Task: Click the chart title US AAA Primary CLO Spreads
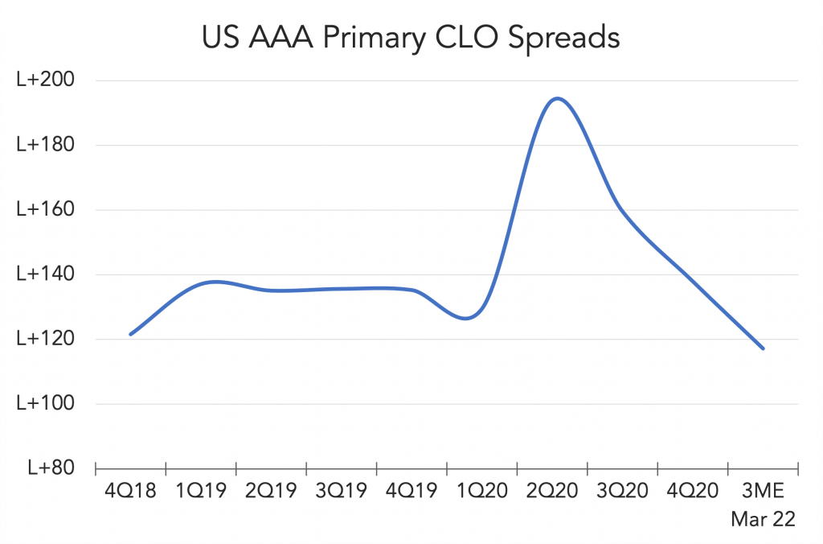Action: point(411,38)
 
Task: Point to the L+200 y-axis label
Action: point(46,80)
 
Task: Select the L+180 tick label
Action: point(46,145)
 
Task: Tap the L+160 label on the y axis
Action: point(46,209)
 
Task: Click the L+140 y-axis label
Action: point(46,274)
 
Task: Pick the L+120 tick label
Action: point(46,339)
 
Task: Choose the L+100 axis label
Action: point(46,403)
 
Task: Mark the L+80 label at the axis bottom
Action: point(51,468)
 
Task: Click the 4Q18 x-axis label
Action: point(131,491)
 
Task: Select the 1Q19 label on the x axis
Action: point(201,491)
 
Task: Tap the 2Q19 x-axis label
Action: point(271,491)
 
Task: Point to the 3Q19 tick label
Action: point(341,491)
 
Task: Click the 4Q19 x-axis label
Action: point(411,491)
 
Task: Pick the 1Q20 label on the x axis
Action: point(482,491)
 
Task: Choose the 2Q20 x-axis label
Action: point(552,491)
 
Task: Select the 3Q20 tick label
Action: point(623,491)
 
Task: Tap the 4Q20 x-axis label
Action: point(693,491)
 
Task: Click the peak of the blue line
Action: point(557,98)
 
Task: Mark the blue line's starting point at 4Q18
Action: point(130,334)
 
